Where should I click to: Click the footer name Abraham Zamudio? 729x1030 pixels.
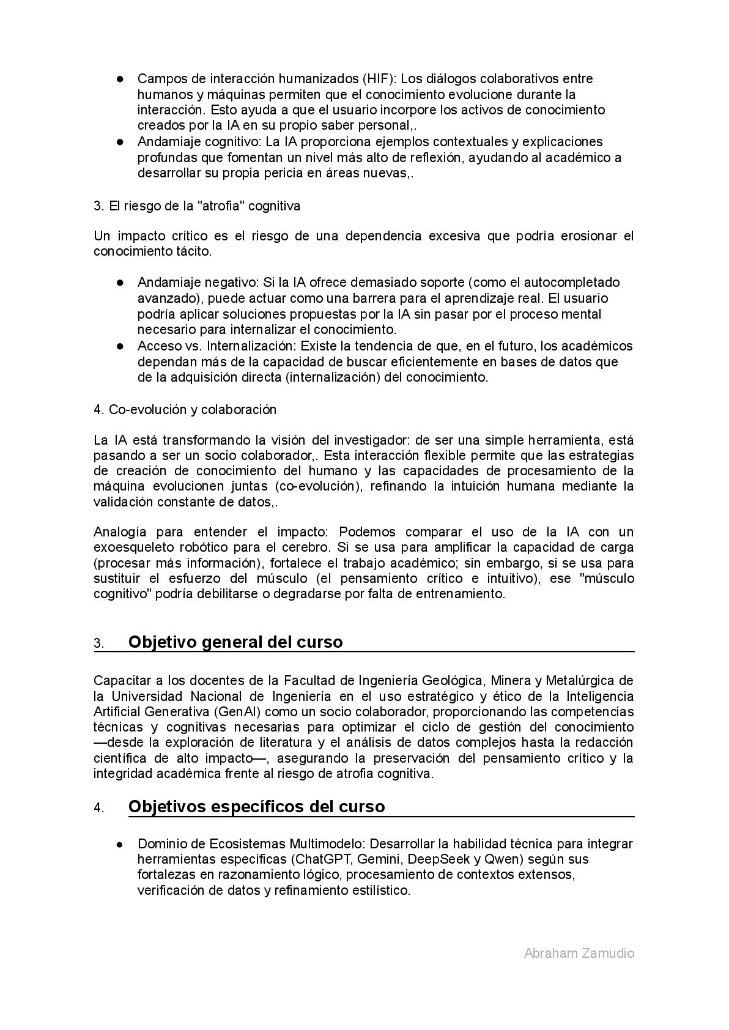(579, 953)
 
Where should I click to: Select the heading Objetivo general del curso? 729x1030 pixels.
(235, 642)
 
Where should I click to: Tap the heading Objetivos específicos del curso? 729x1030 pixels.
(256, 807)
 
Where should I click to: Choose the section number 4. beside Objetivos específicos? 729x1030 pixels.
(98, 808)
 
